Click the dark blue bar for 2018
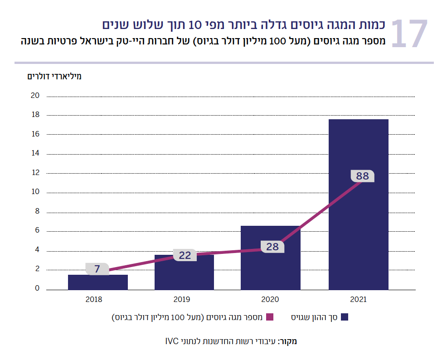(98, 282)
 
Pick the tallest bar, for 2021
(358, 204)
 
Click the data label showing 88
(363, 176)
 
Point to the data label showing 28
(272, 247)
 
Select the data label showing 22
(185, 255)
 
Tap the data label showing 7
(97, 269)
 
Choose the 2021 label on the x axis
(358, 300)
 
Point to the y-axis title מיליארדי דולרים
(54, 76)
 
